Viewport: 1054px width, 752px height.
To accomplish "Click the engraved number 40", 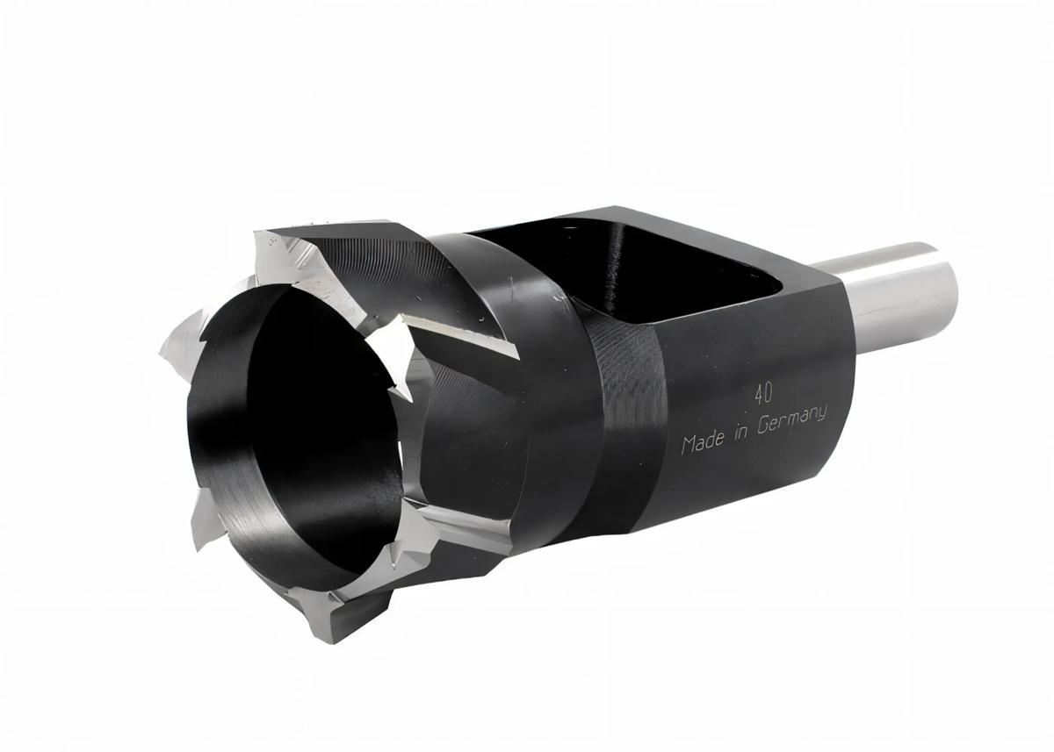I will coord(763,391).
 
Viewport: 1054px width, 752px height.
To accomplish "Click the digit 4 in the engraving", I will coord(757,392).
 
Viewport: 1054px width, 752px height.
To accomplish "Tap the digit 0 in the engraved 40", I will coord(769,390).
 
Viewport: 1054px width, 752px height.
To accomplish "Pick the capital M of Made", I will coord(689,445).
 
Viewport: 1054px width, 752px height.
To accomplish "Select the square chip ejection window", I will coord(694,272).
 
